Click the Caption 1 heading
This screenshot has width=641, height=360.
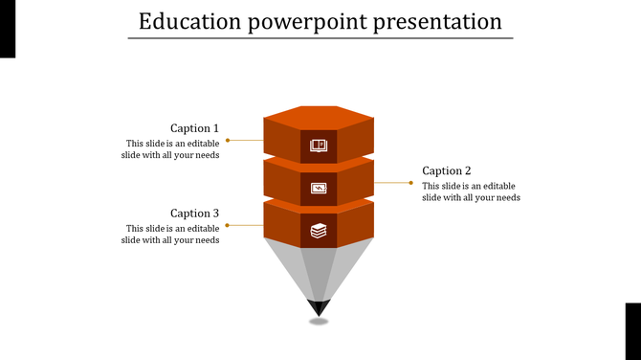pos(194,128)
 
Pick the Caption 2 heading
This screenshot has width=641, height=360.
pos(447,171)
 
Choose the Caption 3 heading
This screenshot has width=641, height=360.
pos(194,214)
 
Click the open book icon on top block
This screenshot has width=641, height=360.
pos(319,146)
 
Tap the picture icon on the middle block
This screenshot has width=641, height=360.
pos(319,189)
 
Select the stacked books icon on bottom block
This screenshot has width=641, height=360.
pos(319,231)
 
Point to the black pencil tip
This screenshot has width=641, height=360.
pos(319,307)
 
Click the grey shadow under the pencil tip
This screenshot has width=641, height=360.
pos(319,322)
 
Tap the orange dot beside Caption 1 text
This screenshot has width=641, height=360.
pos(227,140)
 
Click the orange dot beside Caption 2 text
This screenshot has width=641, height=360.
pos(412,182)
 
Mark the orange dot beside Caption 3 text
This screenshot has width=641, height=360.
pos(227,225)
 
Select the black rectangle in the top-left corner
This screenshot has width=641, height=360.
pos(8,29)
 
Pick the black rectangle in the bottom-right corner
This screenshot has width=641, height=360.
pos(632,330)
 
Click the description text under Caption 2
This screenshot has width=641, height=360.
pos(471,191)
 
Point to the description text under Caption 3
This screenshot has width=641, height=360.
pos(171,235)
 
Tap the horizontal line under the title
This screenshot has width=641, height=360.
pos(320,38)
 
